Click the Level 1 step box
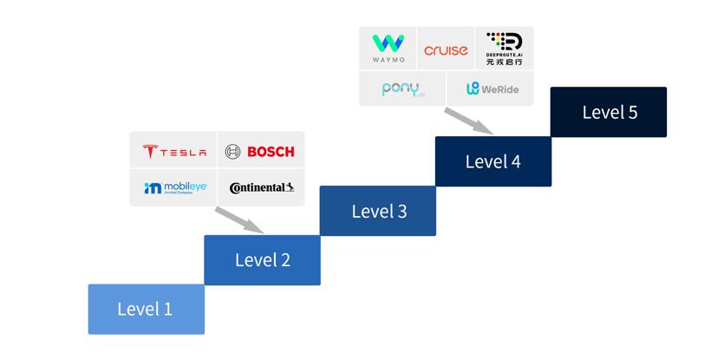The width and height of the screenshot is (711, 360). click(x=146, y=309)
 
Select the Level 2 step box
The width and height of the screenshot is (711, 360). click(x=262, y=259)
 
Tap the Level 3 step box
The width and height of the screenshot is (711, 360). click(x=378, y=211)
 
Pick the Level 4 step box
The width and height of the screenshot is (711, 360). click(x=492, y=161)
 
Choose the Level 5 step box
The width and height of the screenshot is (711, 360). click(x=609, y=112)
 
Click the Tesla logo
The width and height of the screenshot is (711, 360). click(x=174, y=152)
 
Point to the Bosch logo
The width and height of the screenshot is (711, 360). click(x=260, y=152)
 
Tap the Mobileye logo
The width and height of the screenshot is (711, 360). click(x=175, y=187)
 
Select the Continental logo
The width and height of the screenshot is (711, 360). click(x=262, y=187)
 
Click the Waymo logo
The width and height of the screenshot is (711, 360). click(x=388, y=49)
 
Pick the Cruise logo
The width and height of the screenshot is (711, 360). click(x=446, y=50)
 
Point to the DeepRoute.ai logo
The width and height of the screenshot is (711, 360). click(x=504, y=49)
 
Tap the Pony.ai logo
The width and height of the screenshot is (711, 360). click(x=402, y=88)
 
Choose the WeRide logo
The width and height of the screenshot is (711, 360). click(x=491, y=88)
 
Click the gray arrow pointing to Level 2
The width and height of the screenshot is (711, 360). click(x=240, y=220)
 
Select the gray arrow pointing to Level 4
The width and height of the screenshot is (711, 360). click(x=469, y=121)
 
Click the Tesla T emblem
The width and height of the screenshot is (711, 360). click(x=149, y=152)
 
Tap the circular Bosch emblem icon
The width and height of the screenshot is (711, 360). click(x=232, y=152)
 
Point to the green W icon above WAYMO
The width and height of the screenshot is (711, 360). click(x=388, y=43)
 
